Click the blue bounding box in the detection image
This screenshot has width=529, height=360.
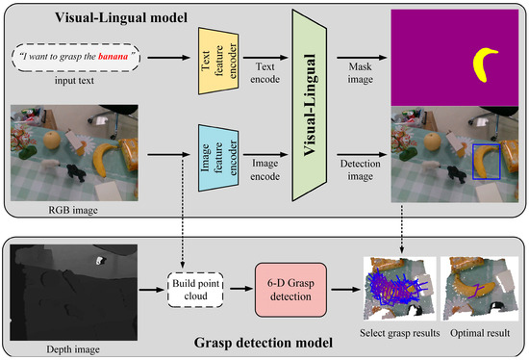click(x=487, y=160)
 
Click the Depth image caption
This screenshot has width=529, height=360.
click(x=73, y=340)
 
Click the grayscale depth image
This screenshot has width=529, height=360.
click(x=73, y=286)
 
